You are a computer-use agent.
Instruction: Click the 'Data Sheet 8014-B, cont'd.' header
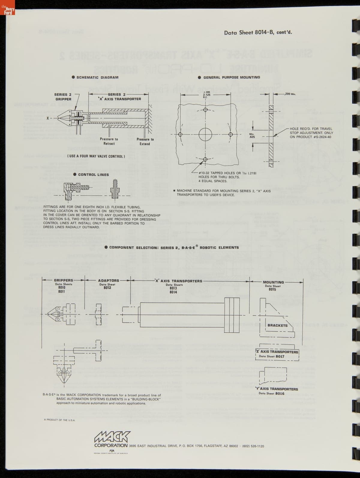click(x=258, y=32)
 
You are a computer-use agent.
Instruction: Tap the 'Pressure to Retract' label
click(x=109, y=141)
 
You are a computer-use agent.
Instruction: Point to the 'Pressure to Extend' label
click(x=145, y=141)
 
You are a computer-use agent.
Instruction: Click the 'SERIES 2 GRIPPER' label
click(x=63, y=97)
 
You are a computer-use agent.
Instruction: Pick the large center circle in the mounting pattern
click(x=205, y=134)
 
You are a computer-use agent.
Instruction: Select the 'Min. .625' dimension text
click(x=252, y=135)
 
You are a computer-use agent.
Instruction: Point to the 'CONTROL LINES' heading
click(x=93, y=175)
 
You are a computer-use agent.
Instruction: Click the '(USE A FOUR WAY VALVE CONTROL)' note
click(x=96, y=156)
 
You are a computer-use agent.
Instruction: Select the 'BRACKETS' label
click(x=277, y=325)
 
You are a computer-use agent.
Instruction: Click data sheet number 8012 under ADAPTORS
click(x=107, y=288)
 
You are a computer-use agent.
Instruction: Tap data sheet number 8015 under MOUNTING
click(x=272, y=289)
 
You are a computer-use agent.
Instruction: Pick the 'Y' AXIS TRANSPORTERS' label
click(x=276, y=389)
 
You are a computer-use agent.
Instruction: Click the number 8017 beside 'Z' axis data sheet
click(x=280, y=356)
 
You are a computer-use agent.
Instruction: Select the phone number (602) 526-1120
click(x=253, y=446)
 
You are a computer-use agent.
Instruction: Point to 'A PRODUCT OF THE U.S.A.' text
click(x=59, y=420)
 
